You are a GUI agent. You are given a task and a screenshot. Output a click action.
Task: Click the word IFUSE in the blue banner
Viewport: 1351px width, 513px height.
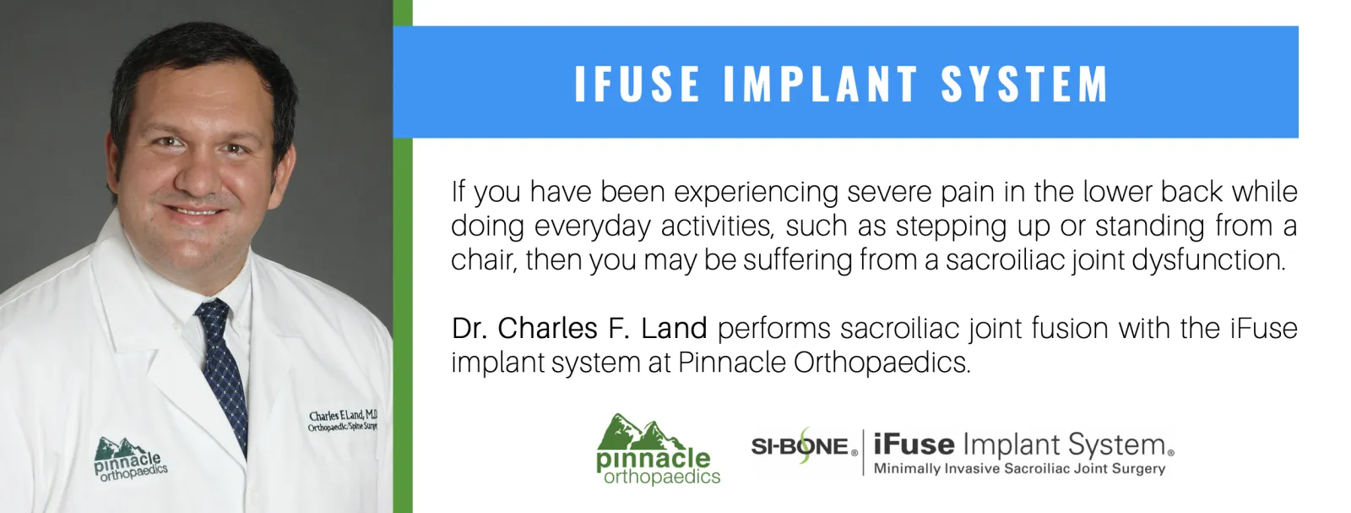pyautogui.click(x=638, y=84)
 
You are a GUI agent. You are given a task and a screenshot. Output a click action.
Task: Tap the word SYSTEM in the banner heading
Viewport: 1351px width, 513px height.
pyautogui.click(x=1025, y=84)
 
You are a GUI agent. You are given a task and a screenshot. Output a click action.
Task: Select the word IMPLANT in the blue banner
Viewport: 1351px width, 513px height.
pyautogui.click(x=820, y=84)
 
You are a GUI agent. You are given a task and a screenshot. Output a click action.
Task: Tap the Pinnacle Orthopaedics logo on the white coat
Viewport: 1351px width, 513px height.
pyautogui.click(x=130, y=460)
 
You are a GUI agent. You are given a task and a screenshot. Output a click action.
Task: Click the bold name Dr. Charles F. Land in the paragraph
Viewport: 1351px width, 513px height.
pyautogui.click(x=579, y=329)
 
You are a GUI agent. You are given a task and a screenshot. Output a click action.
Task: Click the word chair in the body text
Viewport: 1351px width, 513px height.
pyautogui.click(x=482, y=260)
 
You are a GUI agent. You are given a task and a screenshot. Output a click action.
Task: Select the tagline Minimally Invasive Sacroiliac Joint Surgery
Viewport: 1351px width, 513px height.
pyautogui.click(x=1019, y=469)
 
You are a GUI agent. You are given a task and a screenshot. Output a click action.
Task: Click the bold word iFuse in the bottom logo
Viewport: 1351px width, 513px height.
pyautogui.click(x=914, y=445)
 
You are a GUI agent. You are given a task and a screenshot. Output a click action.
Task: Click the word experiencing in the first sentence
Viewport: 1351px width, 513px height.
pyautogui.click(x=756, y=193)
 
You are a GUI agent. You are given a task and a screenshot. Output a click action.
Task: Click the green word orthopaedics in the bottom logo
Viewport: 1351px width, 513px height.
pyautogui.click(x=662, y=478)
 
